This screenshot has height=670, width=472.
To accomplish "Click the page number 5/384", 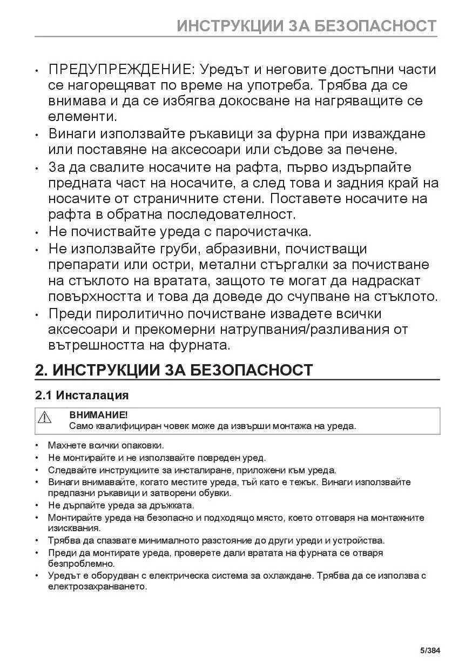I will [430, 650].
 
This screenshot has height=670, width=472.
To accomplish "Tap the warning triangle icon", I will [44, 417].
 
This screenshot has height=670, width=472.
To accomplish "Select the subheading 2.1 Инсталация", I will [82, 395].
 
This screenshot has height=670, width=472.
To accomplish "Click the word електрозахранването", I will [97, 587].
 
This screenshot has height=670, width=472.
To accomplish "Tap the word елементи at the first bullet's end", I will [82, 116].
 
